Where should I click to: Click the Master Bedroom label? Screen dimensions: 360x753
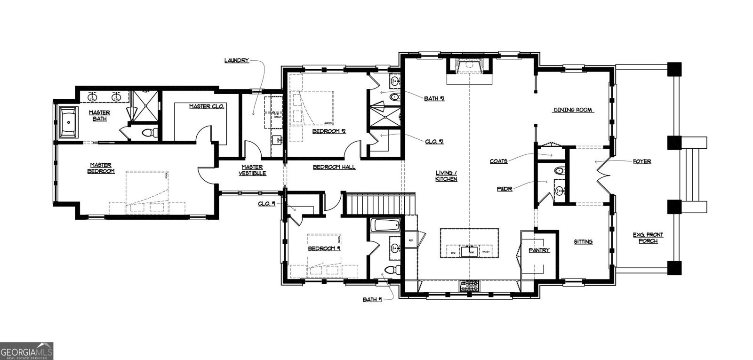coord(101,168)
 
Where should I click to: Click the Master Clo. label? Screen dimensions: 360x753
coord(207,107)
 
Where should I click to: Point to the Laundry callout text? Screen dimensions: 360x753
coord(236,60)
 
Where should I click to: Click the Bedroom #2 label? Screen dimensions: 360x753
coord(329,131)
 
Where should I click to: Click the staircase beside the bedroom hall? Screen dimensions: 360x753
coord(381,204)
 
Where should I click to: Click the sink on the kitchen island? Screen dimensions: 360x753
coord(469,252)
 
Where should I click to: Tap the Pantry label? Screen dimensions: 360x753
coord(539,250)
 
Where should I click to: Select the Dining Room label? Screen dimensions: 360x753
coord(572,110)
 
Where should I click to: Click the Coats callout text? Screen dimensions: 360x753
coord(498,161)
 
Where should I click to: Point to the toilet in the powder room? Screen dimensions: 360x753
coord(559,170)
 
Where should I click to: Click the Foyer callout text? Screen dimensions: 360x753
coord(642,161)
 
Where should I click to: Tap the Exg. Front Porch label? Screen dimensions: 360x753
coord(648,238)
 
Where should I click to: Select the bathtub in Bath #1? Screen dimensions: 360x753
coord(385,225)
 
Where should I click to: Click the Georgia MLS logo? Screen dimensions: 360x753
coord(27,352)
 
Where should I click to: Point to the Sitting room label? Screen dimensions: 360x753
coord(583,242)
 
